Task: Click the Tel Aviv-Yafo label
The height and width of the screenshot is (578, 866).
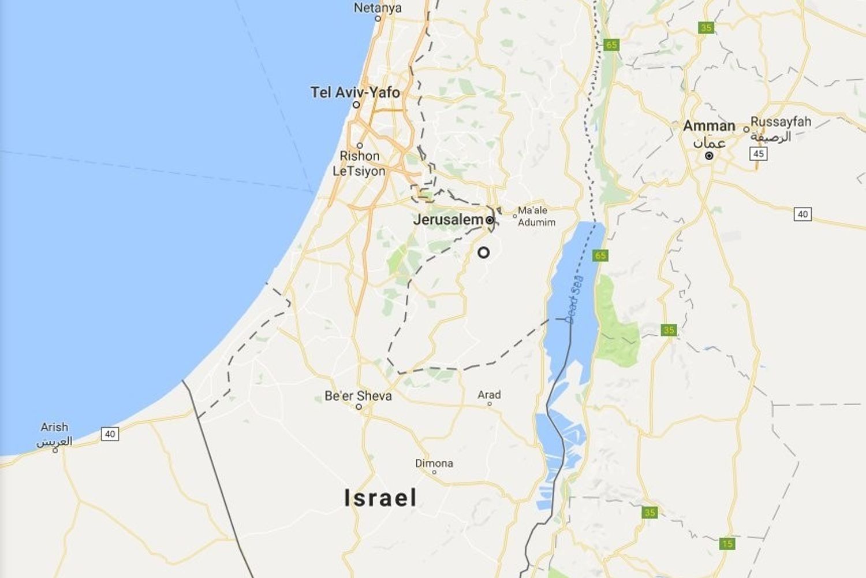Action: (x=355, y=92)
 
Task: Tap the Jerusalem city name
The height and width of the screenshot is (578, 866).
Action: (x=448, y=220)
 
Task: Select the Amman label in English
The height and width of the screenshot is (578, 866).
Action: (x=709, y=125)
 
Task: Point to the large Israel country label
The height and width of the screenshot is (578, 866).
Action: (x=380, y=498)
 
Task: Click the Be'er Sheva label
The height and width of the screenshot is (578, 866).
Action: (x=358, y=396)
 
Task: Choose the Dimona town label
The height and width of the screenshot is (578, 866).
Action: (x=434, y=463)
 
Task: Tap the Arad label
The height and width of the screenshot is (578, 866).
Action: (x=489, y=395)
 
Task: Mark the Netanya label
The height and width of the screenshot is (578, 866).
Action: (x=378, y=8)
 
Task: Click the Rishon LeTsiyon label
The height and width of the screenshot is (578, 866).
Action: (x=359, y=164)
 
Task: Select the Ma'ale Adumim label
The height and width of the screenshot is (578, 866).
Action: (x=536, y=216)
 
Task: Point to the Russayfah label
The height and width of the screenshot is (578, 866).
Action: (x=781, y=122)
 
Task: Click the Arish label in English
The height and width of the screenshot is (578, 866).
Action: (x=54, y=427)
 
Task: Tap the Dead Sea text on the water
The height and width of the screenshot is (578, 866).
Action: (x=574, y=299)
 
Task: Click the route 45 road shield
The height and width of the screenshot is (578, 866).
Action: (x=759, y=154)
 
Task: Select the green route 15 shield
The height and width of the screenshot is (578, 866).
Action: (x=727, y=543)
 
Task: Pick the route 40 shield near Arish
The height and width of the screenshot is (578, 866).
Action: (x=110, y=433)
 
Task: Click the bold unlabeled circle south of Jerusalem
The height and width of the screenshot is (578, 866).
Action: (x=484, y=253)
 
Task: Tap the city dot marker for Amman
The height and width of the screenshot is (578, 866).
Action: (x=709, y=156)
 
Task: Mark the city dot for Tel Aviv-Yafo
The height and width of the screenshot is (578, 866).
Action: (x=356, y=105)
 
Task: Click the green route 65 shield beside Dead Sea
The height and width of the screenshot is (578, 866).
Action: (x=600, y=255)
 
